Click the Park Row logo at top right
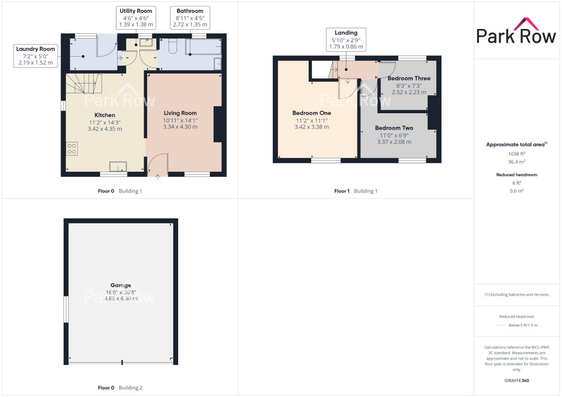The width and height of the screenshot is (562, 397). [516, 31]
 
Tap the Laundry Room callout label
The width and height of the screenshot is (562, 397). [36, 56]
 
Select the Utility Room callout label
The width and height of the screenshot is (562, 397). [136, 18]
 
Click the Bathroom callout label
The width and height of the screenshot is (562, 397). [190, 18]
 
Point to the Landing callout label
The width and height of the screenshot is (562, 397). [346, 40]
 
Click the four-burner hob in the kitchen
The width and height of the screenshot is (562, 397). [72, 149]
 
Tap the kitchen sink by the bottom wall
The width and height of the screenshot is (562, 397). [118, 167]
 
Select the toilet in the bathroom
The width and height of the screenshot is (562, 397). [173, 46]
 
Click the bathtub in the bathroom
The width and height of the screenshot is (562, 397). [204, 47]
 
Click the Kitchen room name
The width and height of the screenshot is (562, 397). [105, 115]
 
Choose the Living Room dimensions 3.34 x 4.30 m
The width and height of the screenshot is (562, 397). [180, 127]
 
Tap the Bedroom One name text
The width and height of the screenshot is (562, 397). [312, 113]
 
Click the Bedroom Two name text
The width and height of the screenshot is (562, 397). [394, 128]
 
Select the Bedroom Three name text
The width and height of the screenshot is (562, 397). [409, 78]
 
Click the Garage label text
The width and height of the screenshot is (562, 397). [121, 285]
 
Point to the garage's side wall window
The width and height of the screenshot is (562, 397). [66, 309]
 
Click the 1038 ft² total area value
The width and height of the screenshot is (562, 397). [517, 154]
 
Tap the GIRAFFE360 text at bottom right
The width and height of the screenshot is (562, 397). [517, 380]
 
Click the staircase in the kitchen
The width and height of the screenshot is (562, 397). [84, 83]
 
